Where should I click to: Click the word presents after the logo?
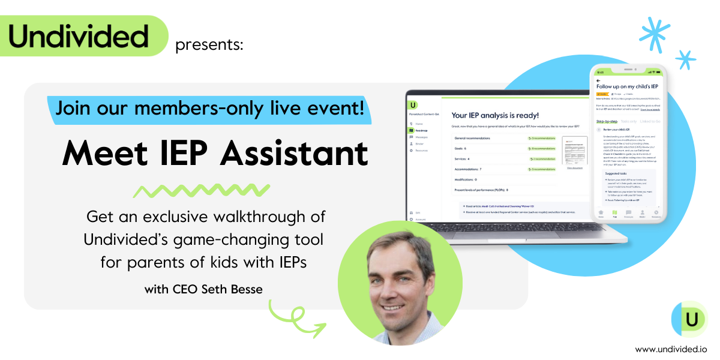pyautogui.click(x=209, y=45)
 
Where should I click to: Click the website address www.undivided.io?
pyautogui.click(x=671, y=349)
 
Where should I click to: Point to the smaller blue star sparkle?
pyautogui.click(x=685, y=59)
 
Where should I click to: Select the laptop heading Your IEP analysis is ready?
pyautogui.click(x=495, y=115)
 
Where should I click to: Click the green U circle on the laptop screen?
pyautogui.click(x=413, y=106)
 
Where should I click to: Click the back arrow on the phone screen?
pyautogui.click(x=598, y=79)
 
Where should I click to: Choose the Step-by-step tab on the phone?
pyautogui.click(x=606, y=121)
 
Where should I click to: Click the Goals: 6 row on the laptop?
pyautogui.click(x=462, y=148)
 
